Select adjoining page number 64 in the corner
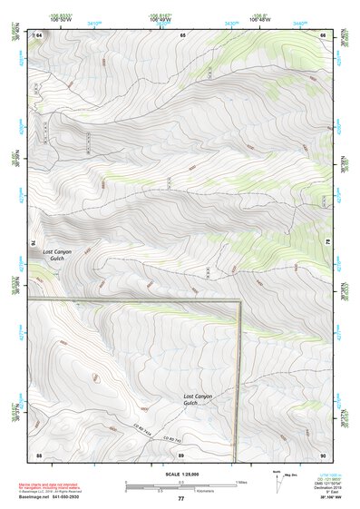click(x=39, y=34)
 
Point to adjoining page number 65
click(x=182, y=34)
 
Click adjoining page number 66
click(x=324, y=34)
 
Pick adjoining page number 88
click(x=39, y=454)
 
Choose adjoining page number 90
click(x=323, y=454)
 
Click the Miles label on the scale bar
click(x=240, y=482)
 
